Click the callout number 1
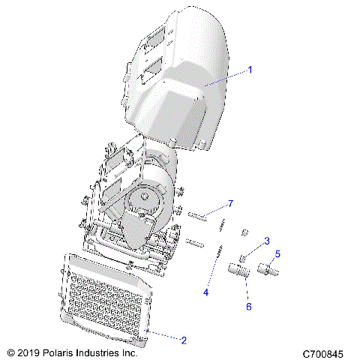(x=250, y=70)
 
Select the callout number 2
(x=184, y=340)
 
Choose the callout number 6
(x=250, y=307)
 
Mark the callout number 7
(x=231, y=204)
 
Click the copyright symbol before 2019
(x=10, y=352)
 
